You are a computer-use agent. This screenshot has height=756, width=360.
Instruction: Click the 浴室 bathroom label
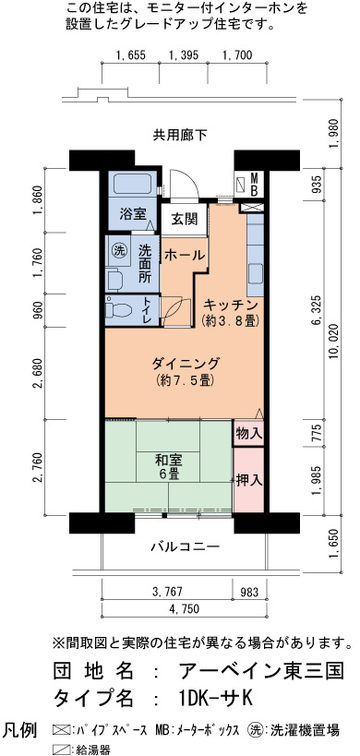coord(133,213)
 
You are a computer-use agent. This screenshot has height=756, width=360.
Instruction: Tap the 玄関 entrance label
coord(185,220)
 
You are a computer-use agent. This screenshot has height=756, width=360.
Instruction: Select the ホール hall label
coord(185,256)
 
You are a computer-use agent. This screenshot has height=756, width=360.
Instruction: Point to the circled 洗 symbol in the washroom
coord(118,250)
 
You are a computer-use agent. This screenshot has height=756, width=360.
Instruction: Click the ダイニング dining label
coord(186,362)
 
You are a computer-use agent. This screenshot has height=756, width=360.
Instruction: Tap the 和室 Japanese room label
coord(168,460)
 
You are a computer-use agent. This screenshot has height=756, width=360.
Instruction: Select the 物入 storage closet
coord(248,434)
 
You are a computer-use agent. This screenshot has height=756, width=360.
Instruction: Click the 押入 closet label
coord(249,480)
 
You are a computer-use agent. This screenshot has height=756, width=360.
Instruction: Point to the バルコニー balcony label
coord(185,546)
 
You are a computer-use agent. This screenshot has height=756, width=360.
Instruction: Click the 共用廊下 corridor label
coord(180,136)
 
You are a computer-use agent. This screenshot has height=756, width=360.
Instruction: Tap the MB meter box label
coord(254,184)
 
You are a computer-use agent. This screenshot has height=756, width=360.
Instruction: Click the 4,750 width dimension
coord(185,608)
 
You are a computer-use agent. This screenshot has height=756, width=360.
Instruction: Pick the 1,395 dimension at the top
coord(184,55)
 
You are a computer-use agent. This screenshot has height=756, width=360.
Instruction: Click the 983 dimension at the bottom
coord(249,592)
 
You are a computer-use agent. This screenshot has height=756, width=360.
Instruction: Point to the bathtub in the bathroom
coord(134,185)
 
